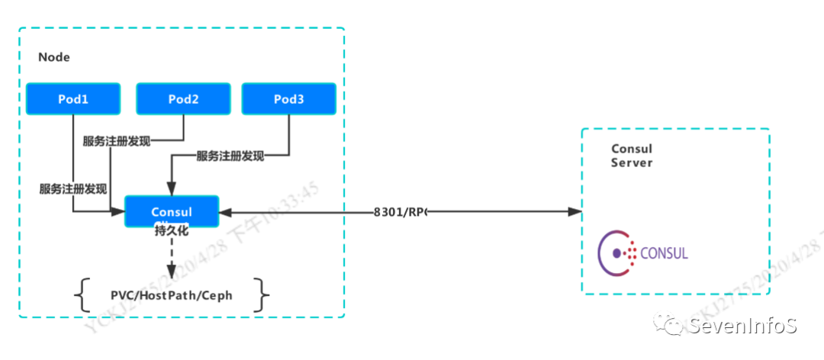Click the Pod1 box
[x=73, y=99]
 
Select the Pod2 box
[x=183, y=99]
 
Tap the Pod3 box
[x=289, y=99]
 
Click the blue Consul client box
[x=171, y=211]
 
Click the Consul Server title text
[x=632, y=156]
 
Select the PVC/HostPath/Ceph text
[x=171, y=294]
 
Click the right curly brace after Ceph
[x=262, y=294]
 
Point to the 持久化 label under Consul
[x=171, y=230]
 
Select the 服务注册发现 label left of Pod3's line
[x=230, y=156]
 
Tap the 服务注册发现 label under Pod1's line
[x=73, y=188]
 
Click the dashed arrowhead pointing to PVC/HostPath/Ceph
[x=171, y=272]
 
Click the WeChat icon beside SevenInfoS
[x=674, y=326]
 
